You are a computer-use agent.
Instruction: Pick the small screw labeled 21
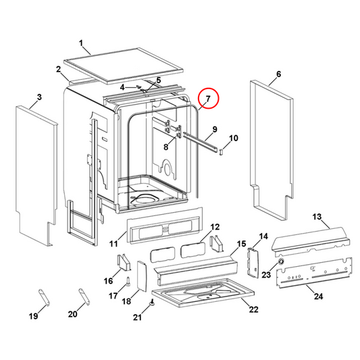click(153, 305)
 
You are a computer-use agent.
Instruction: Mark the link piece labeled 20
click(82, 297)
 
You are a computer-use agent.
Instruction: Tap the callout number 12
click(215, 228)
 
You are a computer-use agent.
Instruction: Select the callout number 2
click(59, 70)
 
